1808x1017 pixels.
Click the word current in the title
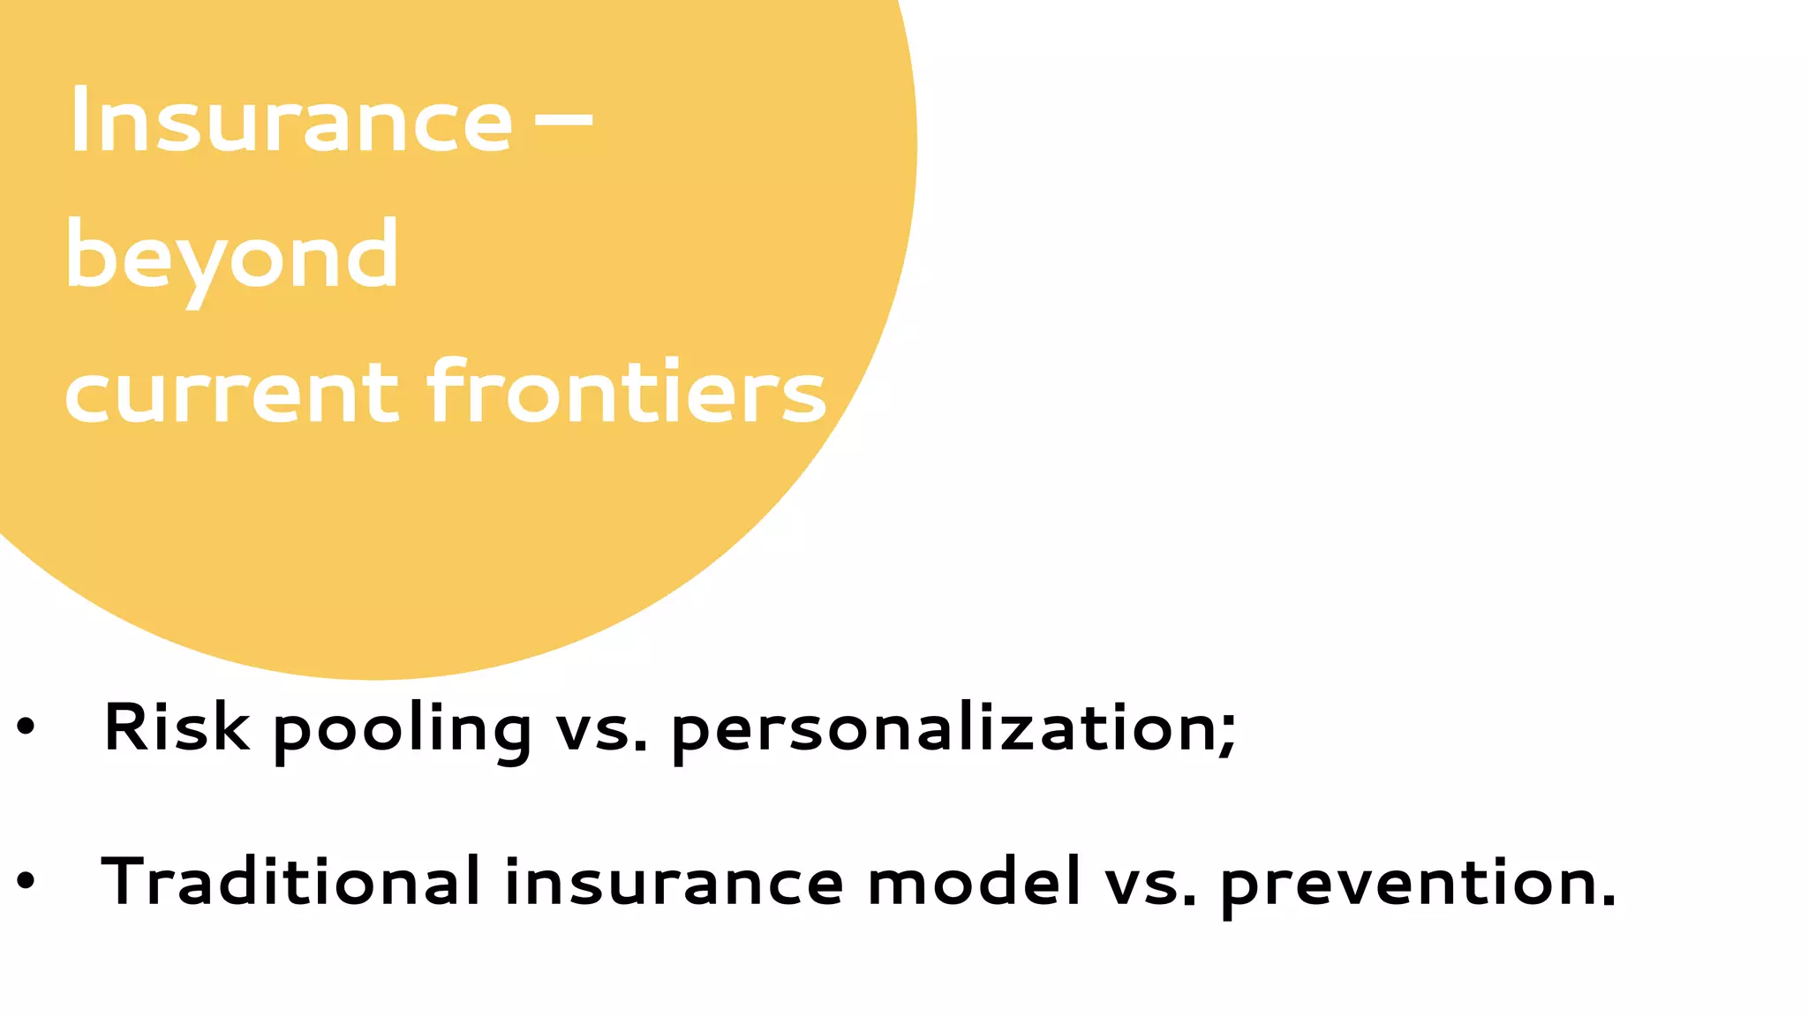coord(232,392)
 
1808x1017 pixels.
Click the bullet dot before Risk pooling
coord(26,727)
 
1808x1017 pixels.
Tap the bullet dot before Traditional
coord(26,880)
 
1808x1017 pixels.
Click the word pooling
coord(403,731)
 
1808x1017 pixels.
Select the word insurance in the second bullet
coord(674,883)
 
